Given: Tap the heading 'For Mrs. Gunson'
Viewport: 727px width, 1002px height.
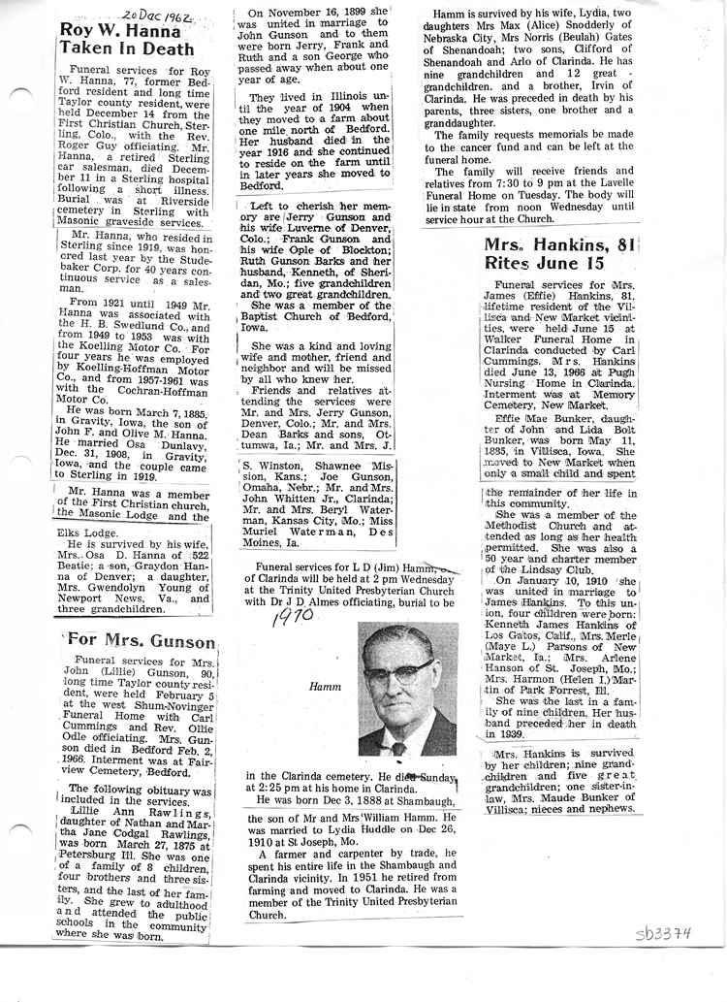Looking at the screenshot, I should coord(140,641).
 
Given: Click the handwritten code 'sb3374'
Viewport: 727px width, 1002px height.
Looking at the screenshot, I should coord(663,934).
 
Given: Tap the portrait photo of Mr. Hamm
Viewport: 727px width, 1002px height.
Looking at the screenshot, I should coord(407,688).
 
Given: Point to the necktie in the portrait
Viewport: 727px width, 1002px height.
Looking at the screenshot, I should coord(398,747).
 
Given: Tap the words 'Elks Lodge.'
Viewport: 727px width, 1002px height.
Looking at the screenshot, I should coord(86,530).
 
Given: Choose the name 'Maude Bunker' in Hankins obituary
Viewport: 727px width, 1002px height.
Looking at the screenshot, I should coord(581,794).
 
